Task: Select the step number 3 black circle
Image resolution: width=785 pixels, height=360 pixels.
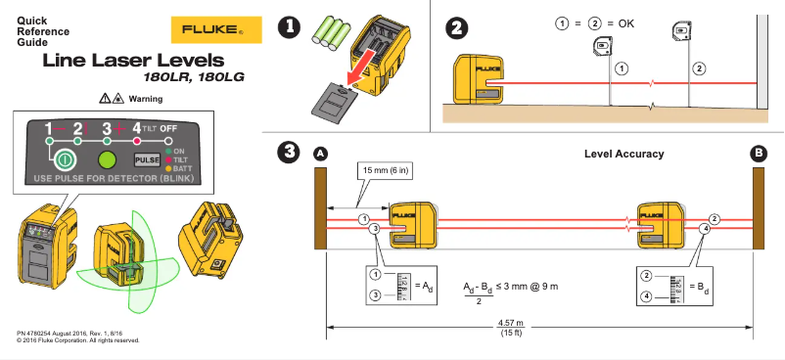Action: coord(289,152)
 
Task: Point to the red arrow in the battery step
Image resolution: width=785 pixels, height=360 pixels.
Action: coord(360,71)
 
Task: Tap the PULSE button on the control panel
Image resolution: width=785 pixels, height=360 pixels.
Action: coord(147,159)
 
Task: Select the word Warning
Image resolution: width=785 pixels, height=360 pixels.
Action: coord(146,99)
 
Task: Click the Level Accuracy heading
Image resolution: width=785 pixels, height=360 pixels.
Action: coord(623,154)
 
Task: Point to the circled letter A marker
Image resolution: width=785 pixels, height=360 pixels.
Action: coord(319,154)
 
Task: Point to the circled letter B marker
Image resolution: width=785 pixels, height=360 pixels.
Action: coord(757,154)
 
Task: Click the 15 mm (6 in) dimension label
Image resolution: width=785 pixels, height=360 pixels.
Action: coord(386,170)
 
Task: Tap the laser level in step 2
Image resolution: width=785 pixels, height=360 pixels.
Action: coord(478,80)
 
